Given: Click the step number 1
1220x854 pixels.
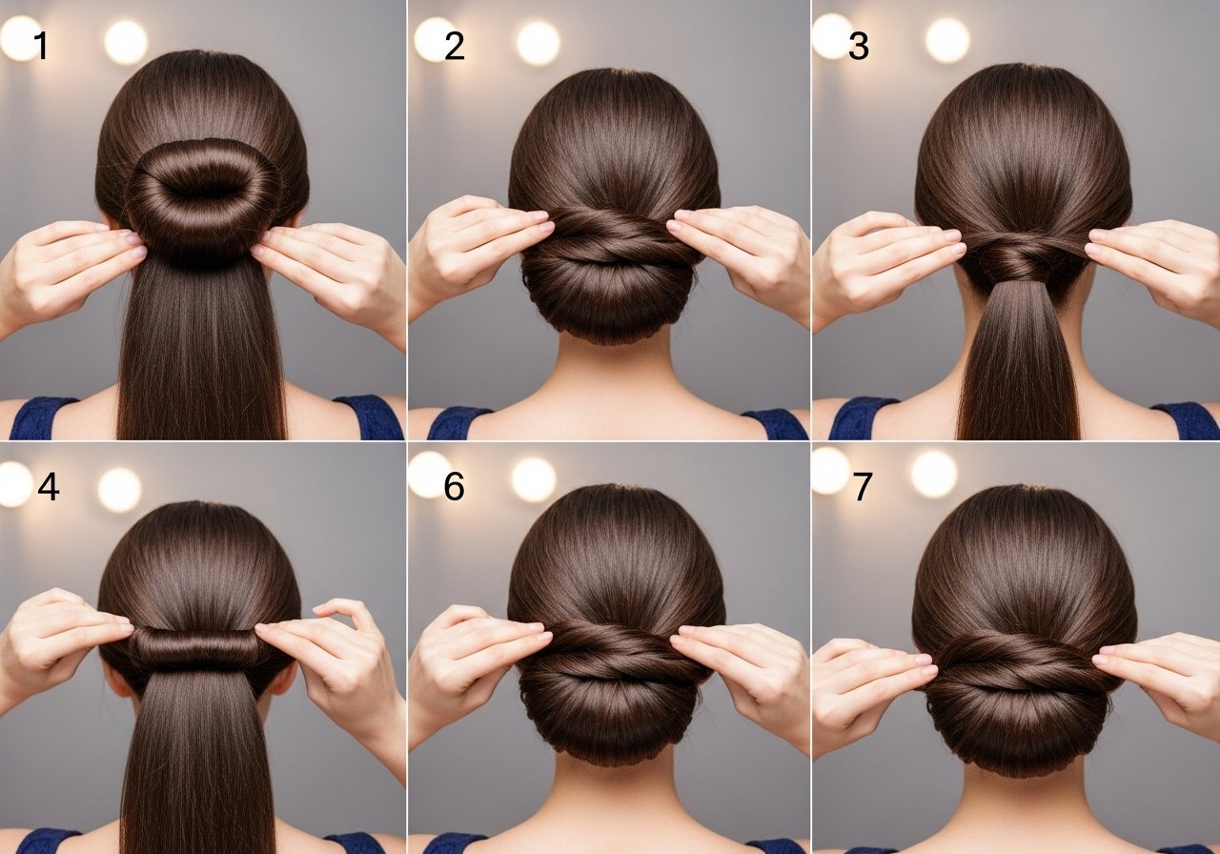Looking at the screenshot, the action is point(41,45).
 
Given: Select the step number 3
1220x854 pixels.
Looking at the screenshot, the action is point(859,47).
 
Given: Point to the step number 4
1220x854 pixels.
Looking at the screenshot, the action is point(49,486).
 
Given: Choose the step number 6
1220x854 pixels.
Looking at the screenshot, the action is point(454,486).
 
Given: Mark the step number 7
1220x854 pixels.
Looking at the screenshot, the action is point(863,486).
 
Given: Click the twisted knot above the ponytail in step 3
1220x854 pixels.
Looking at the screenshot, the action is point(1024,256).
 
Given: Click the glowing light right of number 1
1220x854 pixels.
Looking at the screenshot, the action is point(126,43).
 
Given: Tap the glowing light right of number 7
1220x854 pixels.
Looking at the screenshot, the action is point(933,474).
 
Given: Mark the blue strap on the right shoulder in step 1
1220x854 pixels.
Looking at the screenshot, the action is point(371,417).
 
